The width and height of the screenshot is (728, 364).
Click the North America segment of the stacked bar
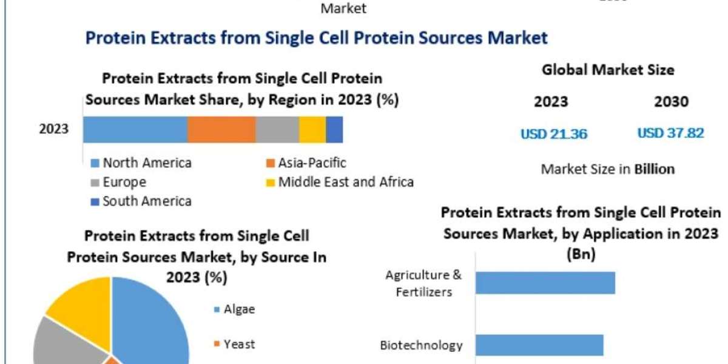tap(135, 130)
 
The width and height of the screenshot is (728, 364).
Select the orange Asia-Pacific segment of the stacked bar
tap(221, 130)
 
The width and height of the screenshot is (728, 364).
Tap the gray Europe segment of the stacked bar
tap(277, 130)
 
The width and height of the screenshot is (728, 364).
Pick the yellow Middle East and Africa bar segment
tap(312, 130)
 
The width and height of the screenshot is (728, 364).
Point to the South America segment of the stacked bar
tap(334, 130)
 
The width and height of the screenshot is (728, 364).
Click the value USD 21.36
tap(554, 134)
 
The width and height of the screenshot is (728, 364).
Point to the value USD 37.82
tap(671, 133)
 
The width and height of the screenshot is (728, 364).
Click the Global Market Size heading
tap(608, 70)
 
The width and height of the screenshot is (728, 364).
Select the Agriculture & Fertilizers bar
tap(545, 283)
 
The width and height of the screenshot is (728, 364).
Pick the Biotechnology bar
tap(539, 345)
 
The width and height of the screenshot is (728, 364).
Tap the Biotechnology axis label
tap(422, 346)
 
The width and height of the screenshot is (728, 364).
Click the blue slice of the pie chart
tap(152, 322)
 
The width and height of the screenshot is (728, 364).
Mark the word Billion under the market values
tap(654, 169)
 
